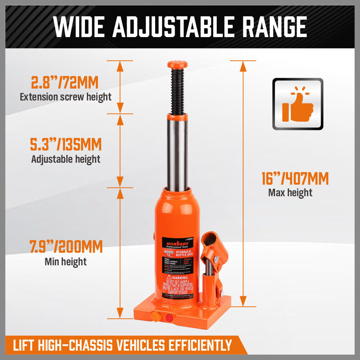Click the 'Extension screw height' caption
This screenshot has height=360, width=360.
tap(66, 97)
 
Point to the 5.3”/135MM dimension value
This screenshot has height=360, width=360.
tap(66, 145)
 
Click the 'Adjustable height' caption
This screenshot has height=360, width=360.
tap(66, 159)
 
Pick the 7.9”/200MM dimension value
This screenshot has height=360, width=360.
tap(66, 247)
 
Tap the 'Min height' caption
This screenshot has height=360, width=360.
tap(66, 262)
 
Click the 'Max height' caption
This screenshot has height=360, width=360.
tap(290, 192)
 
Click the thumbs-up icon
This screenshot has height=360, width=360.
tap(298, 104)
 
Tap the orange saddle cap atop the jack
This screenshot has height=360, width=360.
tap(177, 65)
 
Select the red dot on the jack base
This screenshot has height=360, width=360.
tap(169, 318)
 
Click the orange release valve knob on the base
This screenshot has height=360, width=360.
tap(156, 316)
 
